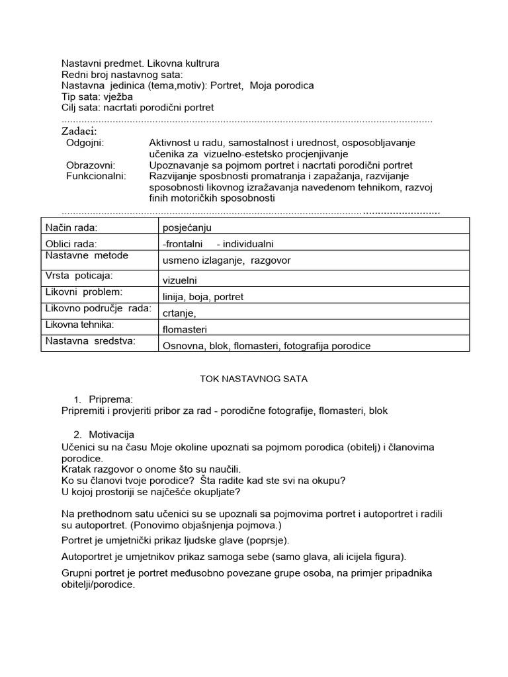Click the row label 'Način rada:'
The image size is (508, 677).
point(71,227)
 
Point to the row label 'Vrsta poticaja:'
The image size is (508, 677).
point(79,274)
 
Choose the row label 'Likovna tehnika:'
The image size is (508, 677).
point(79,324)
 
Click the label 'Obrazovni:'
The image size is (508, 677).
point(91,165)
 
